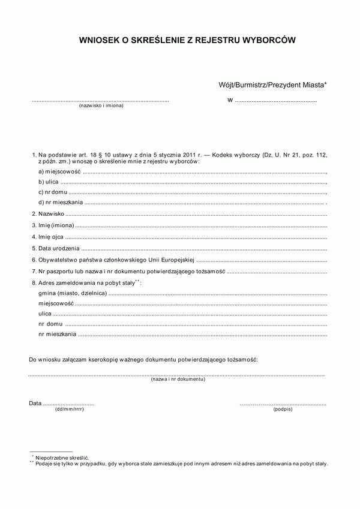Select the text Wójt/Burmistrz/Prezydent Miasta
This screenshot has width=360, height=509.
tap(271, 86)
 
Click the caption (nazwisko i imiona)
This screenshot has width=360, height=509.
tap(101, 106)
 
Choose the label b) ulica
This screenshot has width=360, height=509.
tap(48, 182)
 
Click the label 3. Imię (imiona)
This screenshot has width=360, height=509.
tap(53, 225)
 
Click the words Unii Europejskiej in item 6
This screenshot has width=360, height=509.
tap(172, 260)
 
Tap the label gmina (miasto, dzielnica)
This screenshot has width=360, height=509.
tap(72, 294)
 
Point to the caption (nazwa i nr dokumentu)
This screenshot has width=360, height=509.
tap(178, 380)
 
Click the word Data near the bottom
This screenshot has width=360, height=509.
tap(35, 403)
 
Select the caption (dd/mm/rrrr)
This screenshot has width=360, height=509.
tap(69, 409)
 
